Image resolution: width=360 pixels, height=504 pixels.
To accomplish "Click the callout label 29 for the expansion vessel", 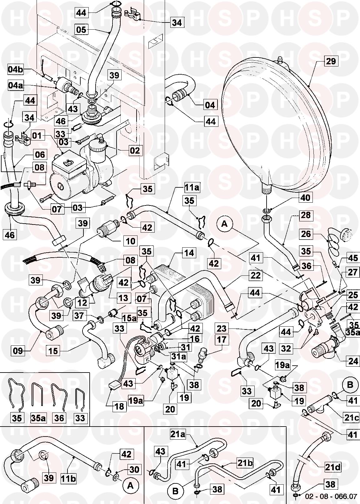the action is coord(331,61).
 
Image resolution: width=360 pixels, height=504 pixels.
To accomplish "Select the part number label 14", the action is coord(189,253).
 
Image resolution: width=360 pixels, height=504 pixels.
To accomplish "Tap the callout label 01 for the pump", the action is coord(37,136).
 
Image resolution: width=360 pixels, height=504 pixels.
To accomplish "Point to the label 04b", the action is coord(15,69).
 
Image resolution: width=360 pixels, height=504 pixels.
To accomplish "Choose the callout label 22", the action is coord(255,275).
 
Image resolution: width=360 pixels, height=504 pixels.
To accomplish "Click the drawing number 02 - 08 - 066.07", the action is coord(332,500).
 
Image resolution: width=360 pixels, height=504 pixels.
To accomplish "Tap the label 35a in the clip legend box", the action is coord(38,418).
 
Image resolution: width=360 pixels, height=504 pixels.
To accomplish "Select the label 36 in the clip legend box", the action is coord(59,418).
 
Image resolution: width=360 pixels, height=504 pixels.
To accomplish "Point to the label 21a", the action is coord(178,434).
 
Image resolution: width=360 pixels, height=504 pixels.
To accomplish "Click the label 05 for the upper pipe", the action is coord(81,29).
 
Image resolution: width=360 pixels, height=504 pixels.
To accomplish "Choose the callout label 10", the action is coord(131,241).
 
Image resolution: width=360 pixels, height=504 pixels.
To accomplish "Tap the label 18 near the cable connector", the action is coord(119,406).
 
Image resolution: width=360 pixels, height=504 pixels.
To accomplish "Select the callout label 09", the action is coord(18,351).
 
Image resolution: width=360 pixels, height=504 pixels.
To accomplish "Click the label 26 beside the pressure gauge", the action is coord(306,234).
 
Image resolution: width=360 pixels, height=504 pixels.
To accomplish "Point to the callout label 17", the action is coord(222,339).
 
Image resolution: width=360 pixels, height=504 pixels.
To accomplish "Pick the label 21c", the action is coord(351,418).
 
